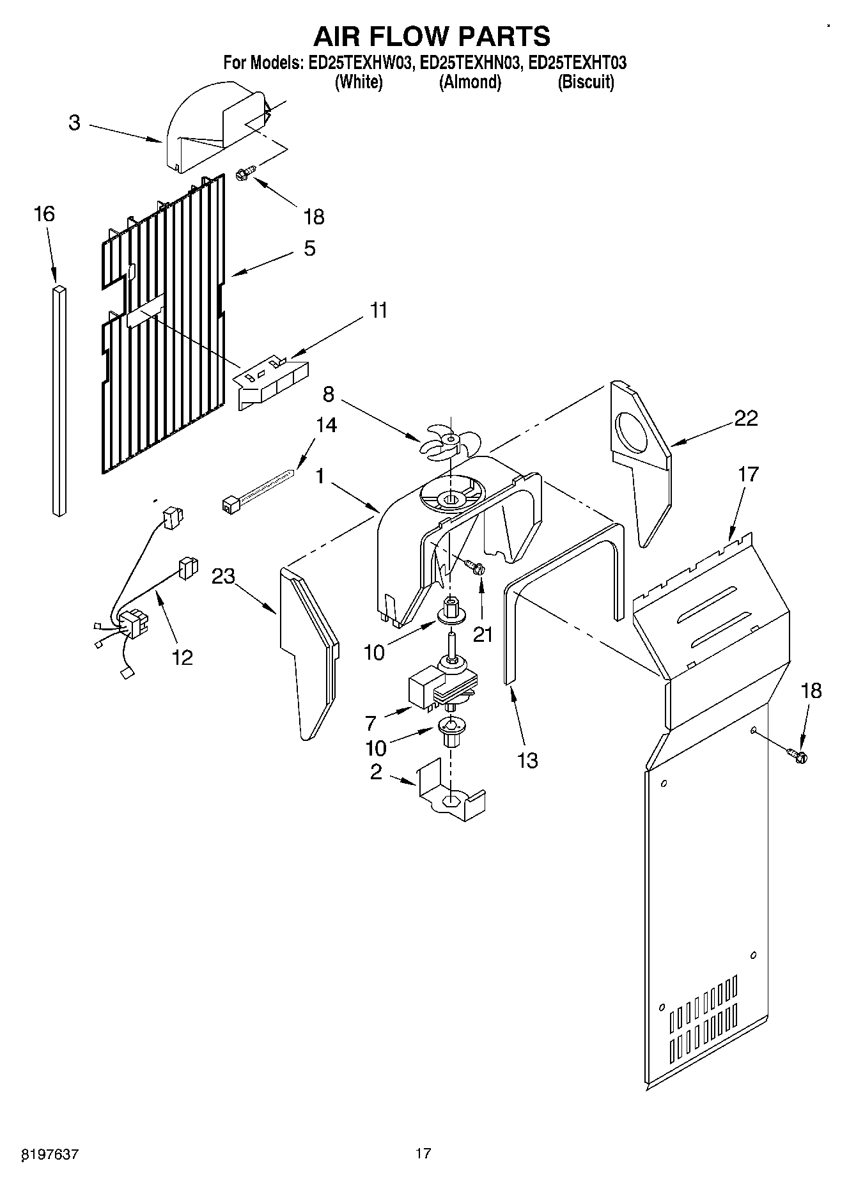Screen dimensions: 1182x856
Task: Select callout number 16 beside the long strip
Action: click(x=44, y=214)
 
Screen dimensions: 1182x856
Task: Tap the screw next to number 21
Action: click(x=474, y=566)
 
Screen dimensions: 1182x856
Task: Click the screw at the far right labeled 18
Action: click(x=797, y=755)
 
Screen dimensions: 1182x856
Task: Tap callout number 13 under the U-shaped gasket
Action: click(x=527, y=760)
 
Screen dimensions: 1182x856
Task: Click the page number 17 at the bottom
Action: click(x=423, y=1153)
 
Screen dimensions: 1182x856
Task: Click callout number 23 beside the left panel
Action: click(x=224, y=577)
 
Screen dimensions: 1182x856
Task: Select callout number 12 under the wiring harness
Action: click(x=183, y=657)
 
